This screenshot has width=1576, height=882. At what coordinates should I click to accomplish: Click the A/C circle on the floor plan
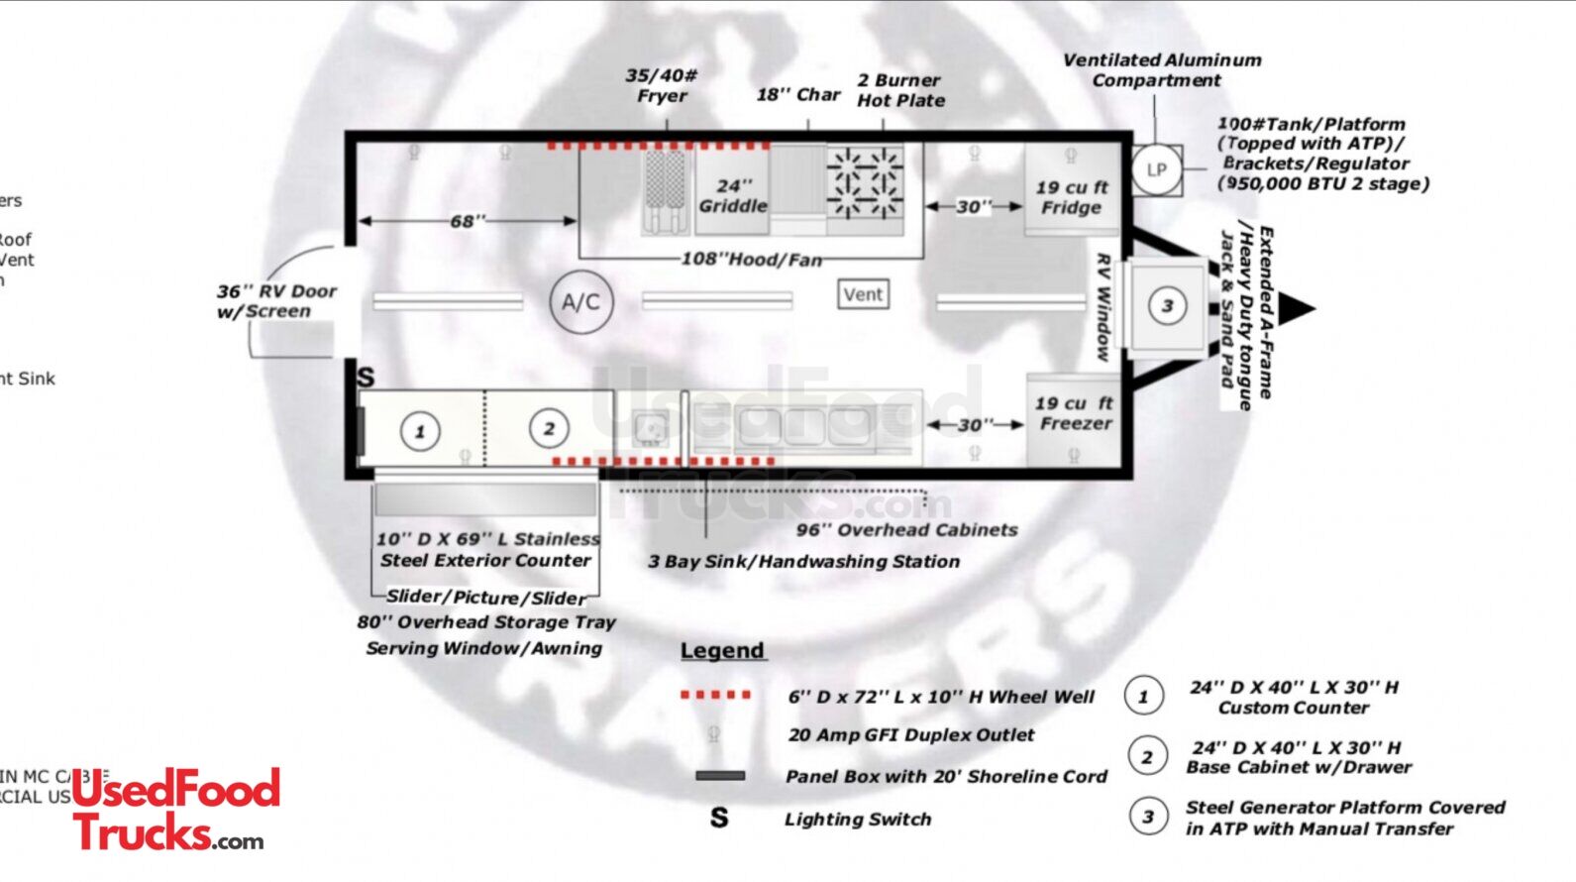(581, 302)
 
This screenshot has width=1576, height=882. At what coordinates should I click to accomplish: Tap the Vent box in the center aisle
(863, 294)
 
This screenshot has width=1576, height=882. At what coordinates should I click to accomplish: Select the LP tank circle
(1156, 169)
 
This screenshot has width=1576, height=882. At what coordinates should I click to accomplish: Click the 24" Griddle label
(733, 196)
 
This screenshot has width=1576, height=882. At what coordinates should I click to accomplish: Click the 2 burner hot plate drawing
(865, 182)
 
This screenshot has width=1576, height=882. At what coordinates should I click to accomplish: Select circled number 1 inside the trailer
(420, 431)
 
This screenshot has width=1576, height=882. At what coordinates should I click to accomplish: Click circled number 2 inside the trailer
(549, 428)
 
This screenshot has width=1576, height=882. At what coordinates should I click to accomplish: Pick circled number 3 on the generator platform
(1167, 305)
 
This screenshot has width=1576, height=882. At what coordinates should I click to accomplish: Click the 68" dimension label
(468, 221)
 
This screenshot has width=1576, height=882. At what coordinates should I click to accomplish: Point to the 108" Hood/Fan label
(751, 260)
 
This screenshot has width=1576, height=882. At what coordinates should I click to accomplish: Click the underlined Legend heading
(722, 651)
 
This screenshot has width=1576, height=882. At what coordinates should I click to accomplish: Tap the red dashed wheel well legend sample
(715, 695)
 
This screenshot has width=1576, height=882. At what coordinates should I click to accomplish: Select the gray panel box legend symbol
(720, 776)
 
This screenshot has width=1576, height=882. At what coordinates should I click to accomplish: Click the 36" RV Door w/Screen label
(276, 301)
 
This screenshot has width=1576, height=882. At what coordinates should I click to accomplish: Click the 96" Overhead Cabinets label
(906, 530)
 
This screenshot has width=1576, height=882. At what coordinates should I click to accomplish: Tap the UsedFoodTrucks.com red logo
(175, 810)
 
